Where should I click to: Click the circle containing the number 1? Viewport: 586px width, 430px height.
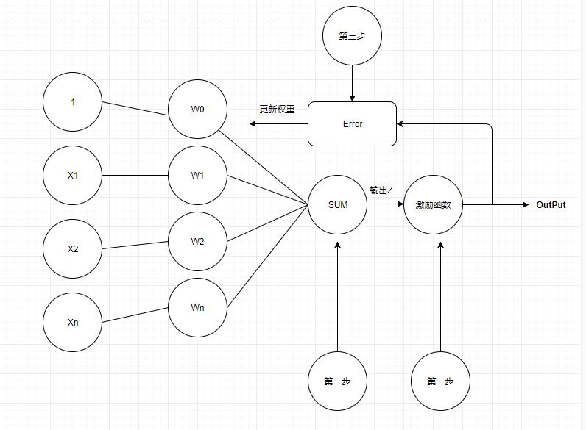[73, 102]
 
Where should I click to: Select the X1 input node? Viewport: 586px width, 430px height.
[73, 176]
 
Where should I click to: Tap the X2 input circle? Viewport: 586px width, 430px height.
[73, 249]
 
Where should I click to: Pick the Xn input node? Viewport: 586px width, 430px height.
[73, 323]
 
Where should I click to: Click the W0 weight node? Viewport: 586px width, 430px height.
[197, 110]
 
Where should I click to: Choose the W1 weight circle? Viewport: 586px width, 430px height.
[197, 176]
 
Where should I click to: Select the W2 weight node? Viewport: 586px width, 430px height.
[197, 242]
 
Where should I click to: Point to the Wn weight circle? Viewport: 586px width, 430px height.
[197, 308]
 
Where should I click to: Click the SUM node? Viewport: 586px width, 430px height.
[337, 205]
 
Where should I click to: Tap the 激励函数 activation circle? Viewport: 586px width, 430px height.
[433, 205]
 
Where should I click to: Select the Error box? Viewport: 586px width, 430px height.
[352, 124]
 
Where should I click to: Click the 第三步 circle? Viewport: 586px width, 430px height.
[352, 36]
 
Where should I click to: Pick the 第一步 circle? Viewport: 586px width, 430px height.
[337, 381]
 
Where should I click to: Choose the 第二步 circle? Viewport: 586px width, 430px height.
[440, 381]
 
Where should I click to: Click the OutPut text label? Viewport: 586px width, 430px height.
[551, 205]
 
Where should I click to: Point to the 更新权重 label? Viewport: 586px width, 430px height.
[277, 110]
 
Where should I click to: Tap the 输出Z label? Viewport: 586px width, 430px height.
[381, 190]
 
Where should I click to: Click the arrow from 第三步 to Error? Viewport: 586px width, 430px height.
[352, 83]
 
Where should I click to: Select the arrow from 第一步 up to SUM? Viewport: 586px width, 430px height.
[337, 294]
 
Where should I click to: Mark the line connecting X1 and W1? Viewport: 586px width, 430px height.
[135, 176]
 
